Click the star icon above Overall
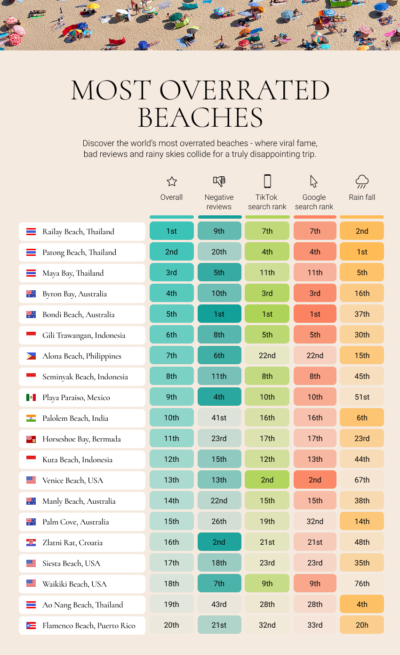172,181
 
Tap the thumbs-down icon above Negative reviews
219,181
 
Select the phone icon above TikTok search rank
267,181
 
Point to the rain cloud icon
362,181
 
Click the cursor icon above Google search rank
314,181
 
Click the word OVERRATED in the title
244,90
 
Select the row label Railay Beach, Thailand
78,231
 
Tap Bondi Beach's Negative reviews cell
219,314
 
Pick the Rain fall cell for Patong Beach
362,252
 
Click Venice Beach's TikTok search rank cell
267,480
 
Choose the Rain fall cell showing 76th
362,583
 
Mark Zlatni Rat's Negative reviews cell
219,542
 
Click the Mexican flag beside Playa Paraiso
31,397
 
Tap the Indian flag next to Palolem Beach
31,418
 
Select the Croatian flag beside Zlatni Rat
31,542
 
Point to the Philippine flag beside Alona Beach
31,356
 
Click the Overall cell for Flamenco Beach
172,625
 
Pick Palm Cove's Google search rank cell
315,521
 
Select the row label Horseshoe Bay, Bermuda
81,439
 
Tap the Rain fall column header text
362,197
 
